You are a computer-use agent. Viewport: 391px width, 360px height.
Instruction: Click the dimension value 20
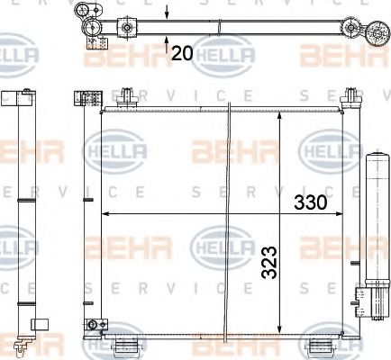(x=182, y=54)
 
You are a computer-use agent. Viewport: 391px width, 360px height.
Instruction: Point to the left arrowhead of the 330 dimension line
(x=106, y=213)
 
